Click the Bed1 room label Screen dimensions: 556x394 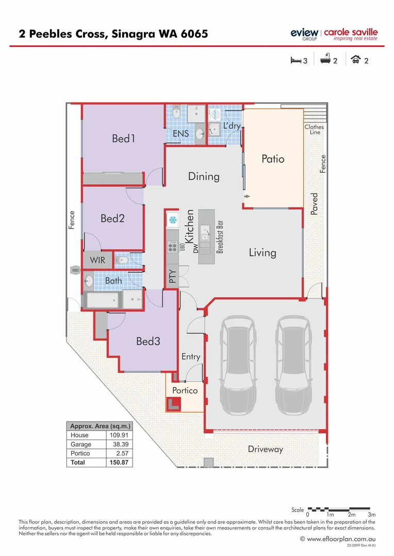pyautogui.click(x=123, y=138)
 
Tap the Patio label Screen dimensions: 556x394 pyautogui.click(x=273, y=159)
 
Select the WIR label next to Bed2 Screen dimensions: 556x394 pyautogui.click(x=97, y=260)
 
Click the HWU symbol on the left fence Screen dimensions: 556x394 pyautogui.click(x=74, y=270)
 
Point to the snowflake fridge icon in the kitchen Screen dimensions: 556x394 pyautogui.click(x=172, y=220)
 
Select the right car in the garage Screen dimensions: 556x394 pyautogui.click(x=293, y=367)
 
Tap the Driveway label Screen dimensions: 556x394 pyautogui.click(x=266, y=449)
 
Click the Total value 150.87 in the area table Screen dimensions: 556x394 pyautogui.click(x=120, y=463)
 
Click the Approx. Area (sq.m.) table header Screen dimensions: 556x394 pyautogui.click(x=100, y=426)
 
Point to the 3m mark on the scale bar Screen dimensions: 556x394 pyautogui.click(x=372, y=515)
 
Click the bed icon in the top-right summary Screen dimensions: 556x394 pyautogui.click(x=296, y=60)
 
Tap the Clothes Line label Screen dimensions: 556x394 pyautogui.click(x=315, y=129)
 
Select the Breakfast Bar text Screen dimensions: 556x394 pyautogui.click(x=220, y=237)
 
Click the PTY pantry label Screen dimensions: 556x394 pyautogui.click(x=172, y=276)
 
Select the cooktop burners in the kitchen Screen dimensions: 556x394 pyautogui.click(x=172, y=247)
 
